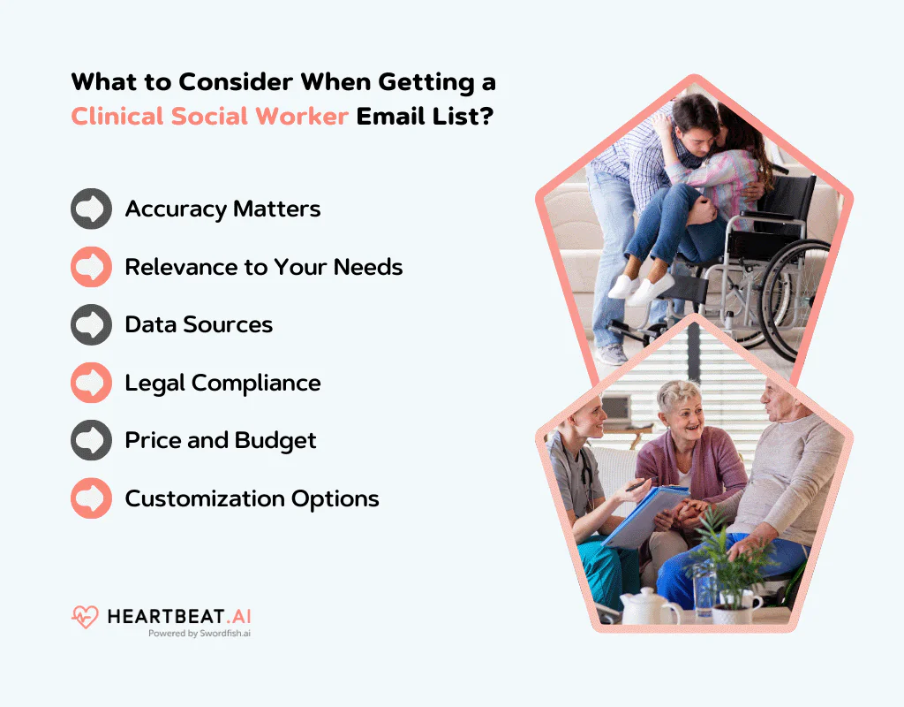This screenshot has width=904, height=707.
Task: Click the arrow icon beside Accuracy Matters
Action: (91, 209)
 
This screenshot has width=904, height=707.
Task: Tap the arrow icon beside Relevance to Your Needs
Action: (91, 267)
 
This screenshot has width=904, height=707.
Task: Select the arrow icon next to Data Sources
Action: (91, 324)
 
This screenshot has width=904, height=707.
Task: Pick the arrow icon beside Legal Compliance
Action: (91, 383)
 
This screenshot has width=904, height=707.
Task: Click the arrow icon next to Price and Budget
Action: (91, 440)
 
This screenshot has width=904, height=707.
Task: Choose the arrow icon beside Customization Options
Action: (91, 498)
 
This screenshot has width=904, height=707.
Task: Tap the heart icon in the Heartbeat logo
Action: (85, 617)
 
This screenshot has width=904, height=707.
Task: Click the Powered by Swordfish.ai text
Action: (200, 634)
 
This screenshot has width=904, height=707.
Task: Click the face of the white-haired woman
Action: (681, 409)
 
